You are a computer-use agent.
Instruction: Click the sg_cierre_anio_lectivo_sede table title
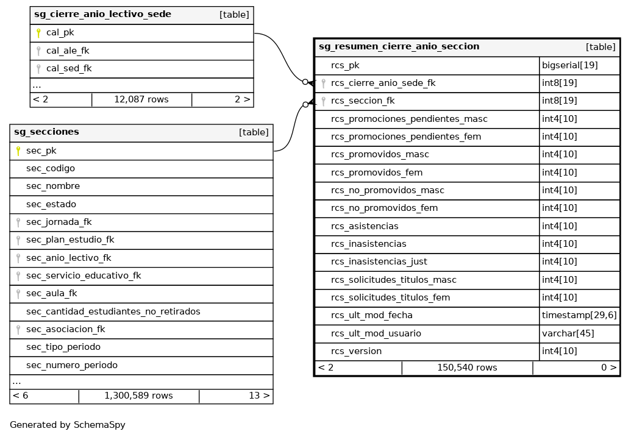(x=102, y=15)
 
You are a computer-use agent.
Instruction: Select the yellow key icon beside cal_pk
(x=38, y=33)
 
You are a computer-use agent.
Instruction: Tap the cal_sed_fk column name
(x=69, y=68)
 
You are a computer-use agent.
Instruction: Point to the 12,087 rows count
(x=141, y=99)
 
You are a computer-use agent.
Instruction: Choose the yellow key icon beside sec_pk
(x=18, y=151)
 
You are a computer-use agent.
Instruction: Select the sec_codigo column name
(x=51, y=168)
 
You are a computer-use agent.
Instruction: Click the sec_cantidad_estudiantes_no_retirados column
(x=113, y=311)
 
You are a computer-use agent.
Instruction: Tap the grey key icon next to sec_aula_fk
(x=18, y=294)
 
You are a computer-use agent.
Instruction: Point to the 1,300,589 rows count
(x=138, y=396)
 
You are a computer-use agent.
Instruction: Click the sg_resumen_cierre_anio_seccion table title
(x=399, y=47)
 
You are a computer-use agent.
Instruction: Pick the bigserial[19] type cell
(x=570, y=65)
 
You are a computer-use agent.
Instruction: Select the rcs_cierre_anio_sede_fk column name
(x=383, y=83)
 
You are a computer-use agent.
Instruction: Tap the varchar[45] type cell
(x=568, y=333)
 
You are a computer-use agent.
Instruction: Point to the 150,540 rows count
(x=467, y=368)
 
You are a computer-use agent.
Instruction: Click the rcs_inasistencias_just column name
(x=379, y=261)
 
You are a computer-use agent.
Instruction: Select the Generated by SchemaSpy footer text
(x=67, y=425)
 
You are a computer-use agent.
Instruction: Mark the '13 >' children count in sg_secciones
(x=259, y=396)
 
